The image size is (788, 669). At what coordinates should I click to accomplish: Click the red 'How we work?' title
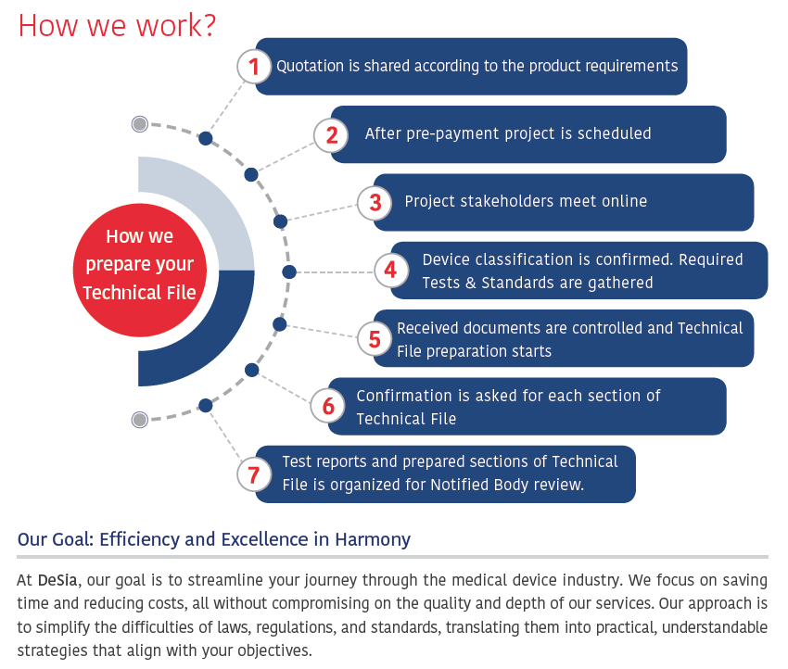[117, 26]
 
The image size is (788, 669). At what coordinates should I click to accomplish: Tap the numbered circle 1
[254, 67]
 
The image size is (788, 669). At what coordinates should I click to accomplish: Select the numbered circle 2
[331, 135]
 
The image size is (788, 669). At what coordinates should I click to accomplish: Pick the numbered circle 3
[375, 203]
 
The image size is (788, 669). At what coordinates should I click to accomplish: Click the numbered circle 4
[391, 271]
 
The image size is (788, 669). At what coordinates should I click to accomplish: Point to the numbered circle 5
[375, 338]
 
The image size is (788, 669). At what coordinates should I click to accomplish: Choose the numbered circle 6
[327, 405]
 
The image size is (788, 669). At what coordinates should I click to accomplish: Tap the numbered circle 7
[254, 474]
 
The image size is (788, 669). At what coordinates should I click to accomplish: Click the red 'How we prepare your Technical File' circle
[140, 271]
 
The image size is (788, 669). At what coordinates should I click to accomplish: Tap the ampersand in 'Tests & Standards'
[470, 283]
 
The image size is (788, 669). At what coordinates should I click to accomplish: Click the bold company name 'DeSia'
[57, 580]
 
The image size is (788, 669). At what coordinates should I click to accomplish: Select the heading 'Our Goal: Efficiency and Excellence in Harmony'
[214, 539]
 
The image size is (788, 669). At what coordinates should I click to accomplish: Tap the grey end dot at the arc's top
[140, 123]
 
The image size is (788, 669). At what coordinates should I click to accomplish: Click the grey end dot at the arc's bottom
[140, 420]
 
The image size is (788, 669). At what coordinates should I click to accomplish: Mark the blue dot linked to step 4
[289, 272]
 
